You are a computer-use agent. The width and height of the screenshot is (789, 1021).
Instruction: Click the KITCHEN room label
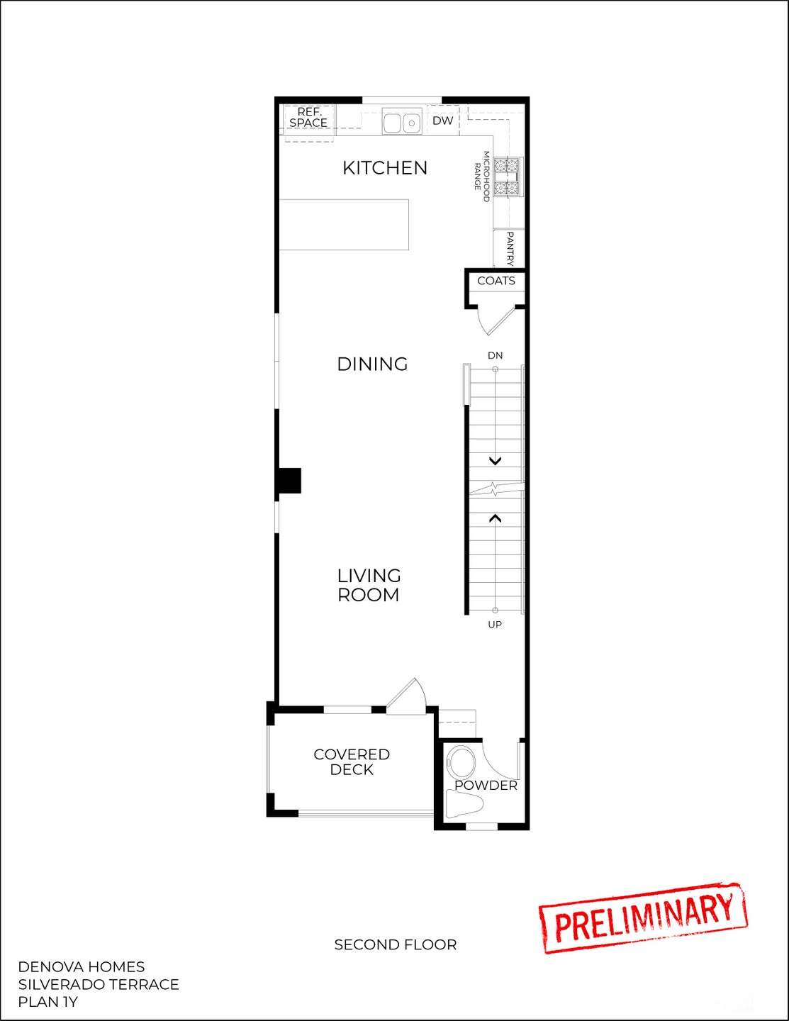pyautogui.click(x=385, y=168)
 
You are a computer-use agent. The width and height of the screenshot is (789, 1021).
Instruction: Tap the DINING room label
pyautogui.click(x=372, y=364)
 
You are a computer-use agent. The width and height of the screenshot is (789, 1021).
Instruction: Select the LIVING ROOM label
pyautogui.click(x=369, y=586)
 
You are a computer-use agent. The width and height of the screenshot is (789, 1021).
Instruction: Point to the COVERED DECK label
pyautogui.click(x=352, y=762)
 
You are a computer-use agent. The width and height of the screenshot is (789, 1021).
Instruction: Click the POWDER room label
pyautogui.click(x=486, y=786)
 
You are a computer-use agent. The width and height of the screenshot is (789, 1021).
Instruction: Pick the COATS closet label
pyautogui.click(x=496, y=281)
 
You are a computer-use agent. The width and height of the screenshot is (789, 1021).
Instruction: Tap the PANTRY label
pyautogui.click(x=510, y=248)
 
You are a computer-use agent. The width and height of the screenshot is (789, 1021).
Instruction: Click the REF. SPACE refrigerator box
pyautogui.click(x=308, y=118)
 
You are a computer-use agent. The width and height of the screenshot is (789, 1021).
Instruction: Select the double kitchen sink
pyautogui.click(x=402, y=122)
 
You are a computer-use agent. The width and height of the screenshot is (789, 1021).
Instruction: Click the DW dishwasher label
pyautogui.click(x=442, y=121)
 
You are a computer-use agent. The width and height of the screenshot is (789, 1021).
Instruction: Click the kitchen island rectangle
pyautogui.click(x=344, y=225)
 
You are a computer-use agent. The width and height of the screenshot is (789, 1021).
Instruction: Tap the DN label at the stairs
pyautogui.click(x=495, y=355)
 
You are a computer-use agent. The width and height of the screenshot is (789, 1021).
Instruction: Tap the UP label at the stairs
pyautogui.click(x=495, y=625)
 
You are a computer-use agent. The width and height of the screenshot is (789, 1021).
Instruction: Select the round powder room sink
pyautogui.click(x=461, y=762)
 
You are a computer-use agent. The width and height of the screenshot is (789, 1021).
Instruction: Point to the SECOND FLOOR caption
pyautogui.click(x=395, y=944)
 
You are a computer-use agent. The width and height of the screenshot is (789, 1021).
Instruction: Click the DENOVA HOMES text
pyautogui.click(x=81, y=967)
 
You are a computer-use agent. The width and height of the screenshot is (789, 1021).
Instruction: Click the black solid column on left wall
pyautogui.click(x=289, y=480)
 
